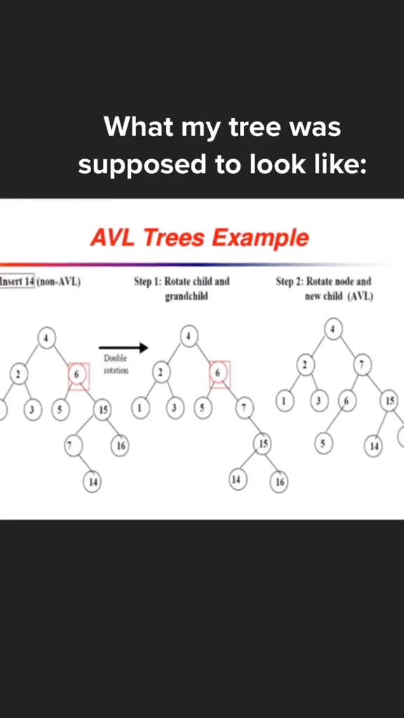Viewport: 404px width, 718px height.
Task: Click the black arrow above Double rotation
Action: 123,348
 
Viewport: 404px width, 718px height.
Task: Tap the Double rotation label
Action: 116,365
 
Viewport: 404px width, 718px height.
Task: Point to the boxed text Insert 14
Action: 17,281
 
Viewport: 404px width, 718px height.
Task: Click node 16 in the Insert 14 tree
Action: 120,445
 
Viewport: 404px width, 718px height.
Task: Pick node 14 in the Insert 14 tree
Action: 92,482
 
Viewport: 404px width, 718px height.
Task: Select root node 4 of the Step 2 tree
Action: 333,329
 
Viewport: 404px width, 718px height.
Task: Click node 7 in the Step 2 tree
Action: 363,365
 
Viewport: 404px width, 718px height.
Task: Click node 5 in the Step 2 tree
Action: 323,443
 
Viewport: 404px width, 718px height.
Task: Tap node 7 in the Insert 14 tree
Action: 73,445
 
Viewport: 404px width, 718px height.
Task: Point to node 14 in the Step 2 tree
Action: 375,446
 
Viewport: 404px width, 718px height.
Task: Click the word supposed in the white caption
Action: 143,165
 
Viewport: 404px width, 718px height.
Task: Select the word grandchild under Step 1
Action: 187,297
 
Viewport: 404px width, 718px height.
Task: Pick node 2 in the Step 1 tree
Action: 161,373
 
